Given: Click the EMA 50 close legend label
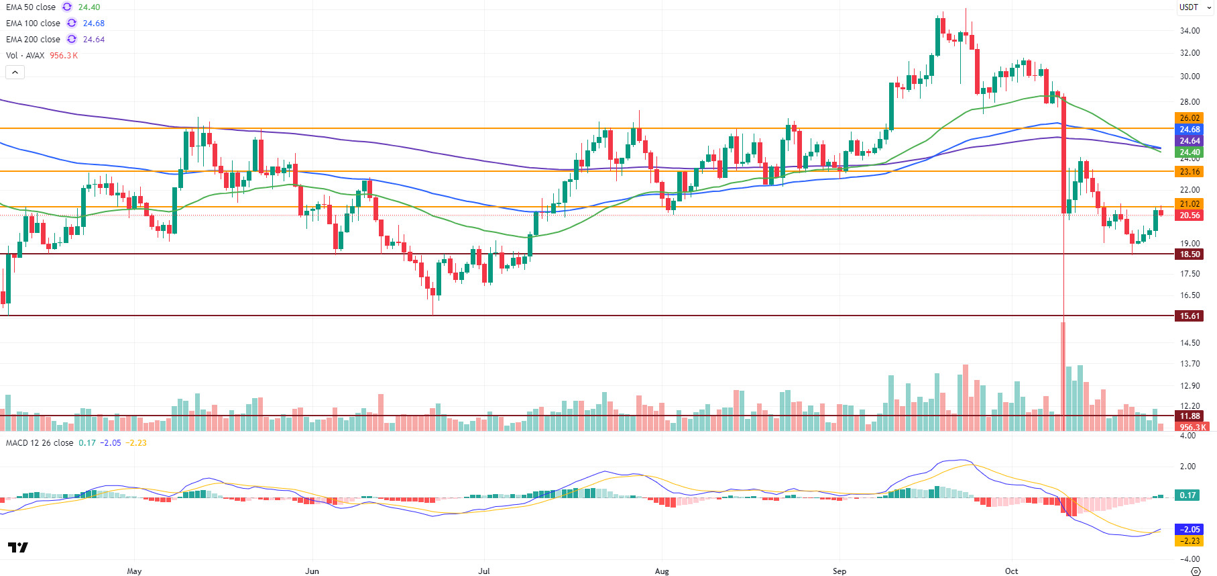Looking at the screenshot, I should coord(31,7).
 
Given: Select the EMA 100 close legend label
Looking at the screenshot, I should coord(33,23).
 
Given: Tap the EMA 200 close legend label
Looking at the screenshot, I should coord(33,40).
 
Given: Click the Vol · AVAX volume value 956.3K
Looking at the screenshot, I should coord(64,56).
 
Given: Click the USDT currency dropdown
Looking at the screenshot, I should coord(1195,7).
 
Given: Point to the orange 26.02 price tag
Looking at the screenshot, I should coord(1190,118).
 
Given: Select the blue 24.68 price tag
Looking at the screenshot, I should coord(1190,130).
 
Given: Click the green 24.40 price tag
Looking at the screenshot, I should coord(1190,152).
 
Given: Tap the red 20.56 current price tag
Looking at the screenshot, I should coord(1190,215).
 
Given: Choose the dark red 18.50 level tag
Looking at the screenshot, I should coord(1190,254).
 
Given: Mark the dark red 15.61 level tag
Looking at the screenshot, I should coord(1190,316).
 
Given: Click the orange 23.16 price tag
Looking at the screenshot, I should coord(1190,172).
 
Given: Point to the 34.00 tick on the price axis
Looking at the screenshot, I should coord(1190,31).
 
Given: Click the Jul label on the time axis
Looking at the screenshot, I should coord(484,571).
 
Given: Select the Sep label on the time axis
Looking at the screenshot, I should coord(839,571).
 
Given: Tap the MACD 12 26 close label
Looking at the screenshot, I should coord(40,443).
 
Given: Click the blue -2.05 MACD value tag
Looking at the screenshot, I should coord(1190,530).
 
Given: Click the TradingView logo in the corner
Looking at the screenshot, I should coord(18,548).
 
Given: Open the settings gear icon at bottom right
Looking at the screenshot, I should coord(1196,571).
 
